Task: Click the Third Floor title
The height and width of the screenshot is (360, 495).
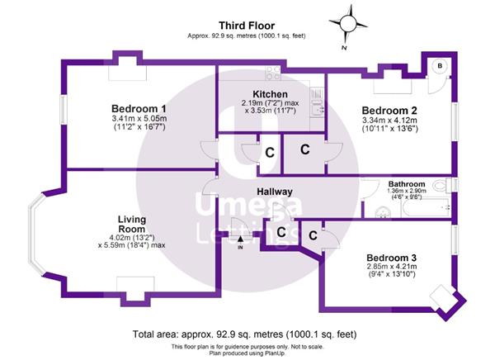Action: pos(247,26)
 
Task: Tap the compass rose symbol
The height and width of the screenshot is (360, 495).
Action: pos(348,23)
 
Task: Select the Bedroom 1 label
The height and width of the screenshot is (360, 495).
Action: pos(139,109)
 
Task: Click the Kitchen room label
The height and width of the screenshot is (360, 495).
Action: pos(271,94)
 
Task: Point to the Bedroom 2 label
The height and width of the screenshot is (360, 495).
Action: pos(389,111)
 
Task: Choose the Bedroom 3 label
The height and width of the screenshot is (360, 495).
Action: pos(391,258)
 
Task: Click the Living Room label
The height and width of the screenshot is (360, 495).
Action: pos(132,224)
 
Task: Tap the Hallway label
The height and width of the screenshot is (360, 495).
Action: pos(275,192)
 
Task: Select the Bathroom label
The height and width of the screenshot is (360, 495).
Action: pos(407,184)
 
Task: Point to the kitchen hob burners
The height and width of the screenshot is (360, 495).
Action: pos(273,73)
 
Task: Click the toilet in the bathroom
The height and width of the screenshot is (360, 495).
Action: pos(441,186)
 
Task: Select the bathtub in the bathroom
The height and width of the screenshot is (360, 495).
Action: pos(426,207)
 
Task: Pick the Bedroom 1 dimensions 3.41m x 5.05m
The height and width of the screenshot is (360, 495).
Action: pos(139,119)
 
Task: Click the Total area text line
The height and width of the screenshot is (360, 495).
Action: pos(245,334)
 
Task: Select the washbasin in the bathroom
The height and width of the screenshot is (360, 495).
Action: pos(383,212)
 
